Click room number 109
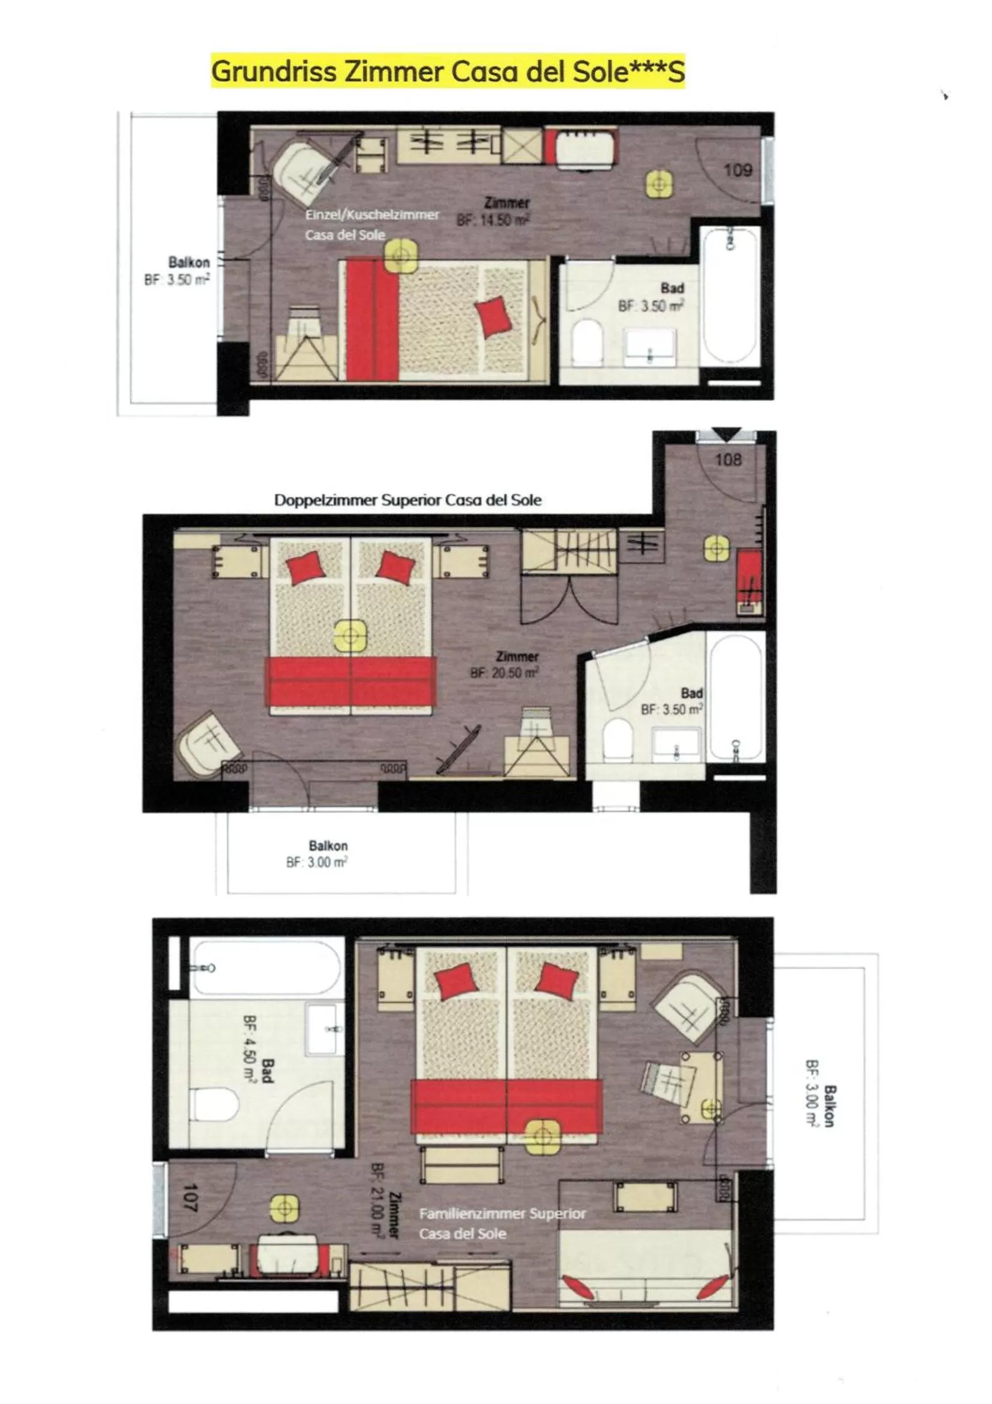pos(737,169)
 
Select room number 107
pos(190,1198)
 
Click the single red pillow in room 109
pos(493,316)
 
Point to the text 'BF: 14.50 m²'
pos(493,220)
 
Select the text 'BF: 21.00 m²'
pos(377,1199)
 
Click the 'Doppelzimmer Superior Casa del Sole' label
pos(407,499)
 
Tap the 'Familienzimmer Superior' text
pos(502,1213)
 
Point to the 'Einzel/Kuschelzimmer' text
pos(372,215)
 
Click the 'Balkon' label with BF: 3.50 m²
pos(189,262)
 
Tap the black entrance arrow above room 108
pos(727,433)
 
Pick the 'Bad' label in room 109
pos(672,288)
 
